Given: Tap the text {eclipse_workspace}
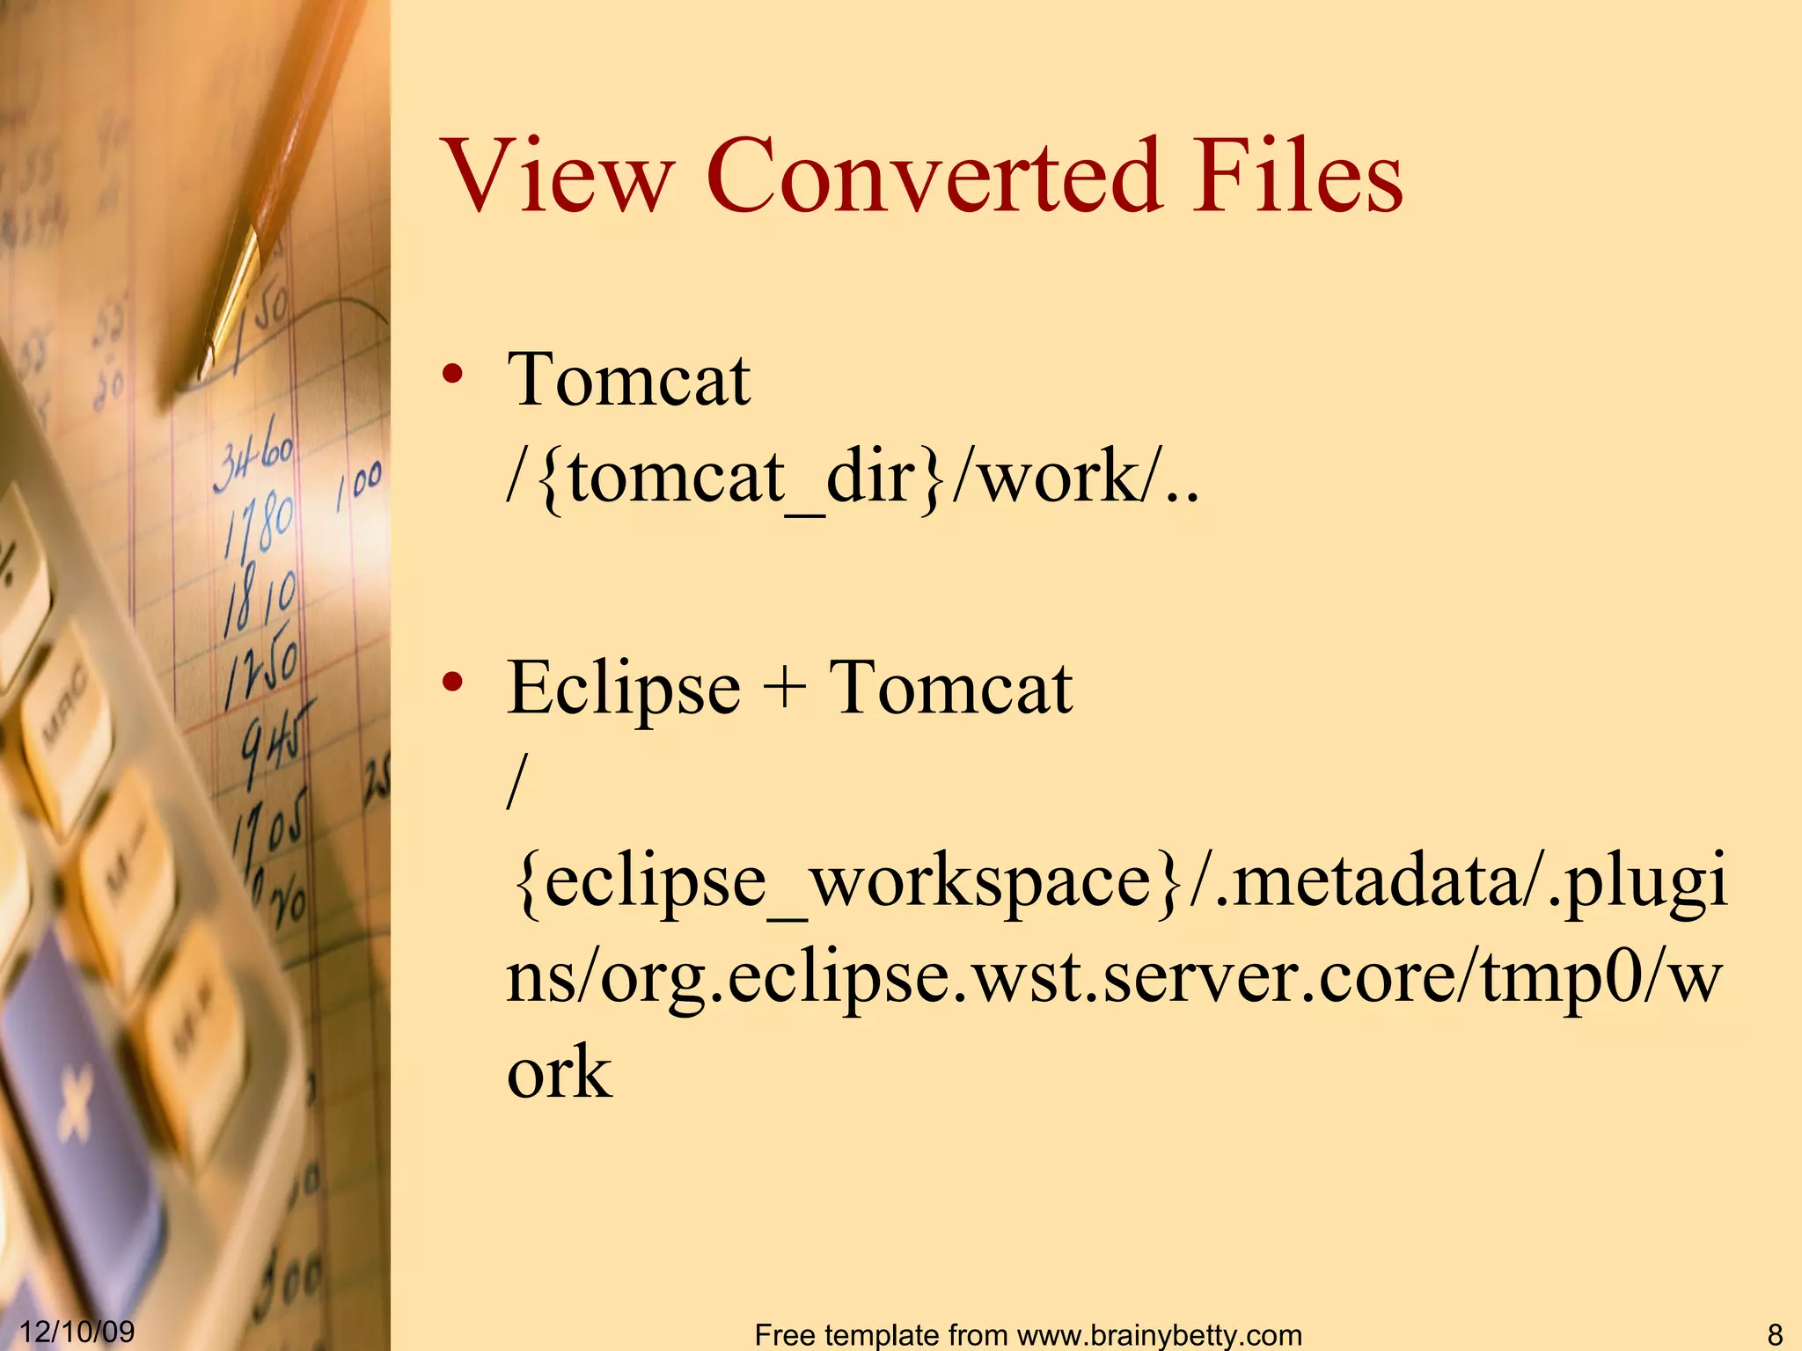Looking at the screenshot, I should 845,882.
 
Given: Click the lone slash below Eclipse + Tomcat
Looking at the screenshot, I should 517,783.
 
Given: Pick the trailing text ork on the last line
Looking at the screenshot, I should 559,1073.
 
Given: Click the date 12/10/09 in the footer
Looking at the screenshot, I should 77,1331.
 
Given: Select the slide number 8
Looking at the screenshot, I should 1774,1333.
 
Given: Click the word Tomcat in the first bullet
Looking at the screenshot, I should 628,380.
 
